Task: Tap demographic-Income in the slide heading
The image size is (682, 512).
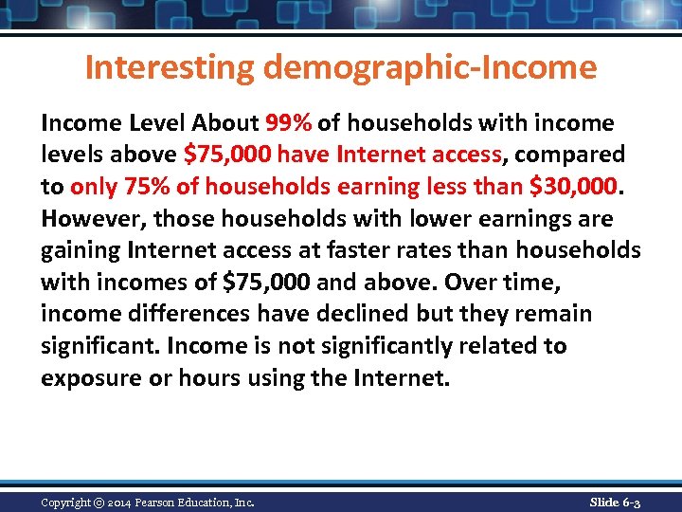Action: pyautogui.click(x=431, y=68)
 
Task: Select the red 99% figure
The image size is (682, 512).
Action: pyautogui.click(x=290, y=123)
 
